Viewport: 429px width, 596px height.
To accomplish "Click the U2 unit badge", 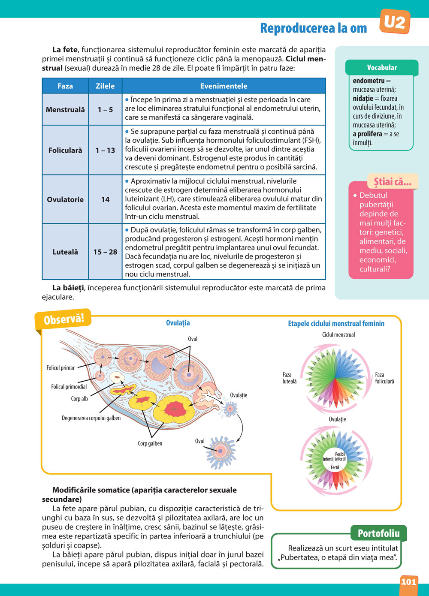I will click(x=395, y=21).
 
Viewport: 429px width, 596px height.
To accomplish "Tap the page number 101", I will click(x=409, y=582).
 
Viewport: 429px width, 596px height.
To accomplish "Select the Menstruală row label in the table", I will click(x=65, y=110).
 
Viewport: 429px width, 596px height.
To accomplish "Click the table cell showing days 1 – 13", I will click(x=105, y=151).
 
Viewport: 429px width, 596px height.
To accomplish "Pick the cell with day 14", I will click(x=105, y=199).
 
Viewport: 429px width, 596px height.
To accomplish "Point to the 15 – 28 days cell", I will click(x=105, y=252).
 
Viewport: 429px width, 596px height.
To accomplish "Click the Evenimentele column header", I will click(x=224, y=86).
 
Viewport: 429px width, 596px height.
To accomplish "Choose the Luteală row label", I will click(x=65, y=252).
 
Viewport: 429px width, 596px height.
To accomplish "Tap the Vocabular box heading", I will click(x=382, y=68).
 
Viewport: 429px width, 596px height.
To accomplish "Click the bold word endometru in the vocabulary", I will click(x=369, y=81).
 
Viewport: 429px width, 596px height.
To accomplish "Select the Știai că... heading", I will click(x=393, y=182).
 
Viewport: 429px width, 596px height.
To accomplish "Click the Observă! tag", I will click(x=64, y=319).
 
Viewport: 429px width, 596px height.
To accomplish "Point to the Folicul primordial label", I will click(x=69, y=387).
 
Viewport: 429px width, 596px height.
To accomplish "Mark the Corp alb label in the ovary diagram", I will click(x=79, y=399).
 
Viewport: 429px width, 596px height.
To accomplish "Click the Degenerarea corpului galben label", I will click(x=91, y=418).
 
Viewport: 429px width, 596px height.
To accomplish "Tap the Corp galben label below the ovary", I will click(x=150, y=443).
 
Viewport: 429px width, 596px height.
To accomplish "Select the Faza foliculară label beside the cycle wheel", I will click(x=384, y=378).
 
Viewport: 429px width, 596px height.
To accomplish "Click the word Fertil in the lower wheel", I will click(x=335, y=467).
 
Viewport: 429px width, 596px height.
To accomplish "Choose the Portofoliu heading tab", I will click(x=378, y=533).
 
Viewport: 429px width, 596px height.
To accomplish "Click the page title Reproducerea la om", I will click(x=314, y=28).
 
